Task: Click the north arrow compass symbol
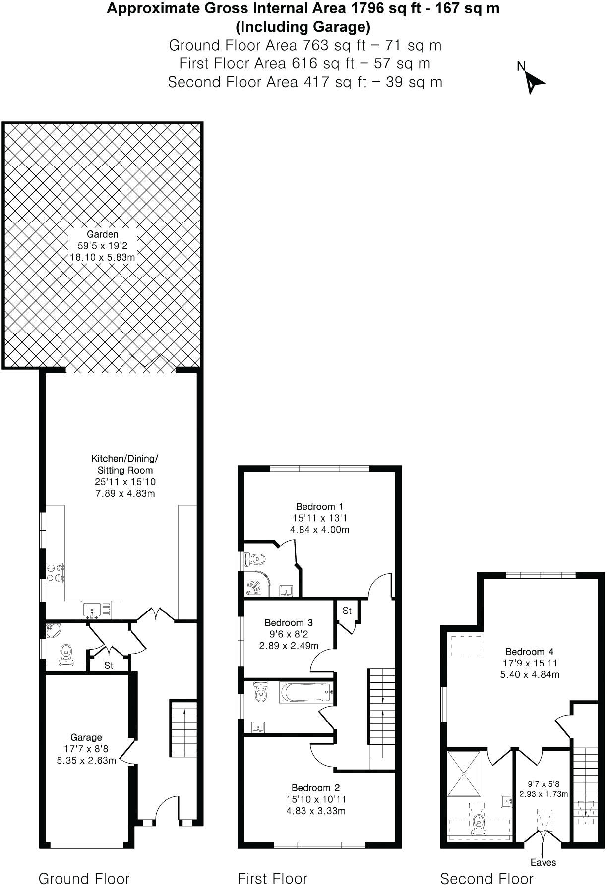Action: point(533,81)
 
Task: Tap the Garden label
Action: point(103,234)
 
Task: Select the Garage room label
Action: point(86,738)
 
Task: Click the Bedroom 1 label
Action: point(319,507)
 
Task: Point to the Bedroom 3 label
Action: point(289,623)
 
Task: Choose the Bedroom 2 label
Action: point(316,788)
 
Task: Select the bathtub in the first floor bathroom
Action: point(304,693)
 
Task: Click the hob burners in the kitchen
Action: point(55,572)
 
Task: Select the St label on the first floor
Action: point(347,610)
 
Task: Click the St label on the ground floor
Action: point(109,666)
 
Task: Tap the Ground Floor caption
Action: point(84,879)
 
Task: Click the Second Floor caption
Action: point(486,879)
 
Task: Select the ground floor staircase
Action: point(183,728)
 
